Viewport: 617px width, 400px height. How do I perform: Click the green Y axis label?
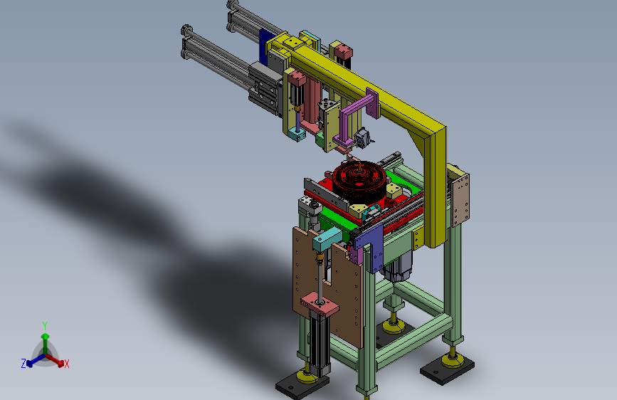[x=45, y=326]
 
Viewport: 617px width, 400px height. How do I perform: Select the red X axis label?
[x=66, y=364]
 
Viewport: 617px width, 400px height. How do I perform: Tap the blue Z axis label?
[x=23, y=364]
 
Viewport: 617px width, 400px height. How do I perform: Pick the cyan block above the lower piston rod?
[x=327, y=239]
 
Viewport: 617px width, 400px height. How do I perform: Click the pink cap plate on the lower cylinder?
[x=320, y=303]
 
